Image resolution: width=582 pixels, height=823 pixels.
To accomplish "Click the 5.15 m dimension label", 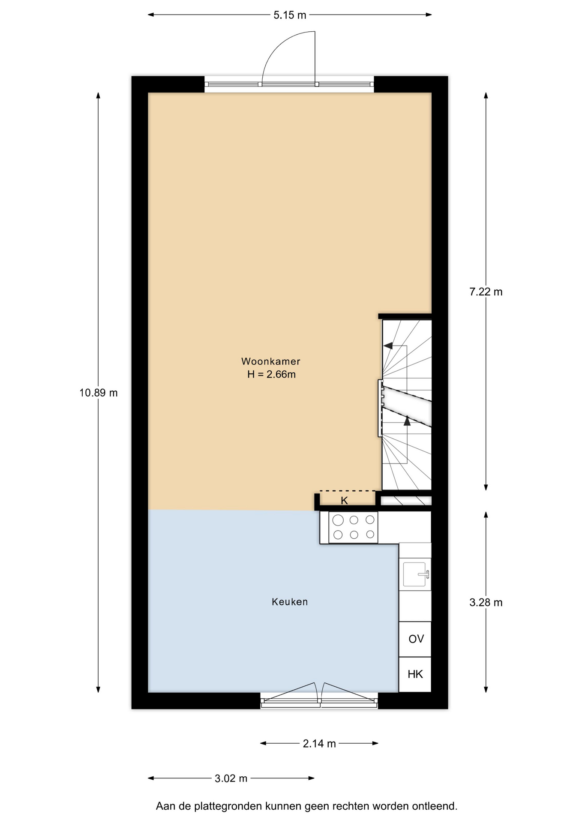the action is (290, 15).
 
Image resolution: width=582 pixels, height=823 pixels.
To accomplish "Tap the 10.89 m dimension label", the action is (99, 393).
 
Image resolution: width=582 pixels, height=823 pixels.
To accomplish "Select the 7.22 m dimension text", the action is (486, 292).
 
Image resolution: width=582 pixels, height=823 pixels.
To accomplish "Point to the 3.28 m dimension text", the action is (486, 603).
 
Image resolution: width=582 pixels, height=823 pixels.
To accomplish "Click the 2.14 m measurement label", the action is (319, 744).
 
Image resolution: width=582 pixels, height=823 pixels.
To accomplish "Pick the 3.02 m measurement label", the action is (231, 778).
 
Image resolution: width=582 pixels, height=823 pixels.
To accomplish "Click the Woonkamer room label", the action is (271, 361).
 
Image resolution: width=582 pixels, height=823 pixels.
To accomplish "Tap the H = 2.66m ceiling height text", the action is (271, 375).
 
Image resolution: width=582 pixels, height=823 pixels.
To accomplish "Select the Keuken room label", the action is (290, 602).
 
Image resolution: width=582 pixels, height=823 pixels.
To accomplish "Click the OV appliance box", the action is (415, 639).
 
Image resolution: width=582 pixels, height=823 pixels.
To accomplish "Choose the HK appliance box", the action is (415, 675).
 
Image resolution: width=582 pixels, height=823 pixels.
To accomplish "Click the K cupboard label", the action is (344, 500).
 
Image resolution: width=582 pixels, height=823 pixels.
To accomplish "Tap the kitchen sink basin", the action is (414, 574).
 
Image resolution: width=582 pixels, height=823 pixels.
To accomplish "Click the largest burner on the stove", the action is (338, 520).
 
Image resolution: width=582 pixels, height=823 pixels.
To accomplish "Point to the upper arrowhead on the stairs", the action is (388, 346).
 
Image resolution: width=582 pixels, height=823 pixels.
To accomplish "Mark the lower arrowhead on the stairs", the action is (407, 421).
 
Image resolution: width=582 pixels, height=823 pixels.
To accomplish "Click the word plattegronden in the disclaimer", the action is (228, 806).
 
